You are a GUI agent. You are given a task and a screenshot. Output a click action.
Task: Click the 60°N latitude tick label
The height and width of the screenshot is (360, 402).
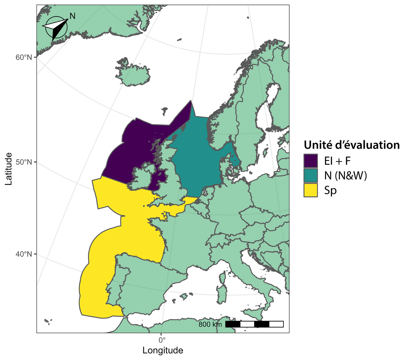[24, 57]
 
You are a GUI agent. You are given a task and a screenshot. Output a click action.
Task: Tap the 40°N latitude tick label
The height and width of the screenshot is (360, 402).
[24, 254]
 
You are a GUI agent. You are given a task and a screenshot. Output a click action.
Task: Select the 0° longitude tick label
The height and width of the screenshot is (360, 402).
[162, 340]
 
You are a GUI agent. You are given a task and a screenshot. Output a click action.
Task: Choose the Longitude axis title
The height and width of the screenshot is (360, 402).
[163, 351]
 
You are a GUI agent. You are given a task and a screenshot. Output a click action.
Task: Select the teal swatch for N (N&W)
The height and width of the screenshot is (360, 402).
[311, 175]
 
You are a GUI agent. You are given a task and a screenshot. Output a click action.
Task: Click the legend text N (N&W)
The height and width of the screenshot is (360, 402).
[346, 175]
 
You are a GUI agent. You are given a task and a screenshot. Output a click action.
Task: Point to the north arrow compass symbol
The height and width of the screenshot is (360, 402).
[55, 27]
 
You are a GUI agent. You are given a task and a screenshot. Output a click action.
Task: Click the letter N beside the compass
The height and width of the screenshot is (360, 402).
[72, 16]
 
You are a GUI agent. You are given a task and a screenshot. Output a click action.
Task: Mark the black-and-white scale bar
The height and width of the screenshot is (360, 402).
[254, 324]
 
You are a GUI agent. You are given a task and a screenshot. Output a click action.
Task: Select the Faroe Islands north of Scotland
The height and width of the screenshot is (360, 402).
[164, 111]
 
